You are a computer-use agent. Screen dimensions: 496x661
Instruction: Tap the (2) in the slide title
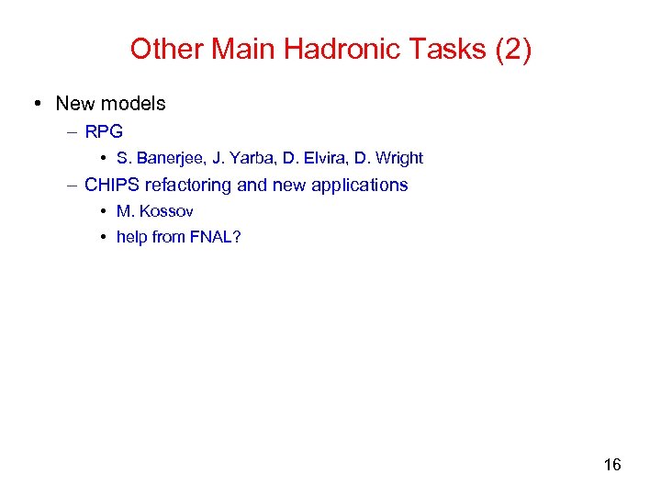(x=512, y=49)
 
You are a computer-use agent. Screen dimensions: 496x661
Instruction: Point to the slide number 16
(x=612, y=465)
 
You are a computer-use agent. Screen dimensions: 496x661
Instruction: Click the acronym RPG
(x=104, y=131)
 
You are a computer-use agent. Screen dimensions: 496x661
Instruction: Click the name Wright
(x=398, y=158)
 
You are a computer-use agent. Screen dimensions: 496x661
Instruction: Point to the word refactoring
(x=188, y=185)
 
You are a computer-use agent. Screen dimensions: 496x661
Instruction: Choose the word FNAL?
(x=216, y=237)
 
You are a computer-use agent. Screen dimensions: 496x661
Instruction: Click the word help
(x=132, y=237)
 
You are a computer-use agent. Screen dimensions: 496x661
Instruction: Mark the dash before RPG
(x=72, y=131)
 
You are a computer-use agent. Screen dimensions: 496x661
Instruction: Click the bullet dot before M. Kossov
(x=104, y=211)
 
